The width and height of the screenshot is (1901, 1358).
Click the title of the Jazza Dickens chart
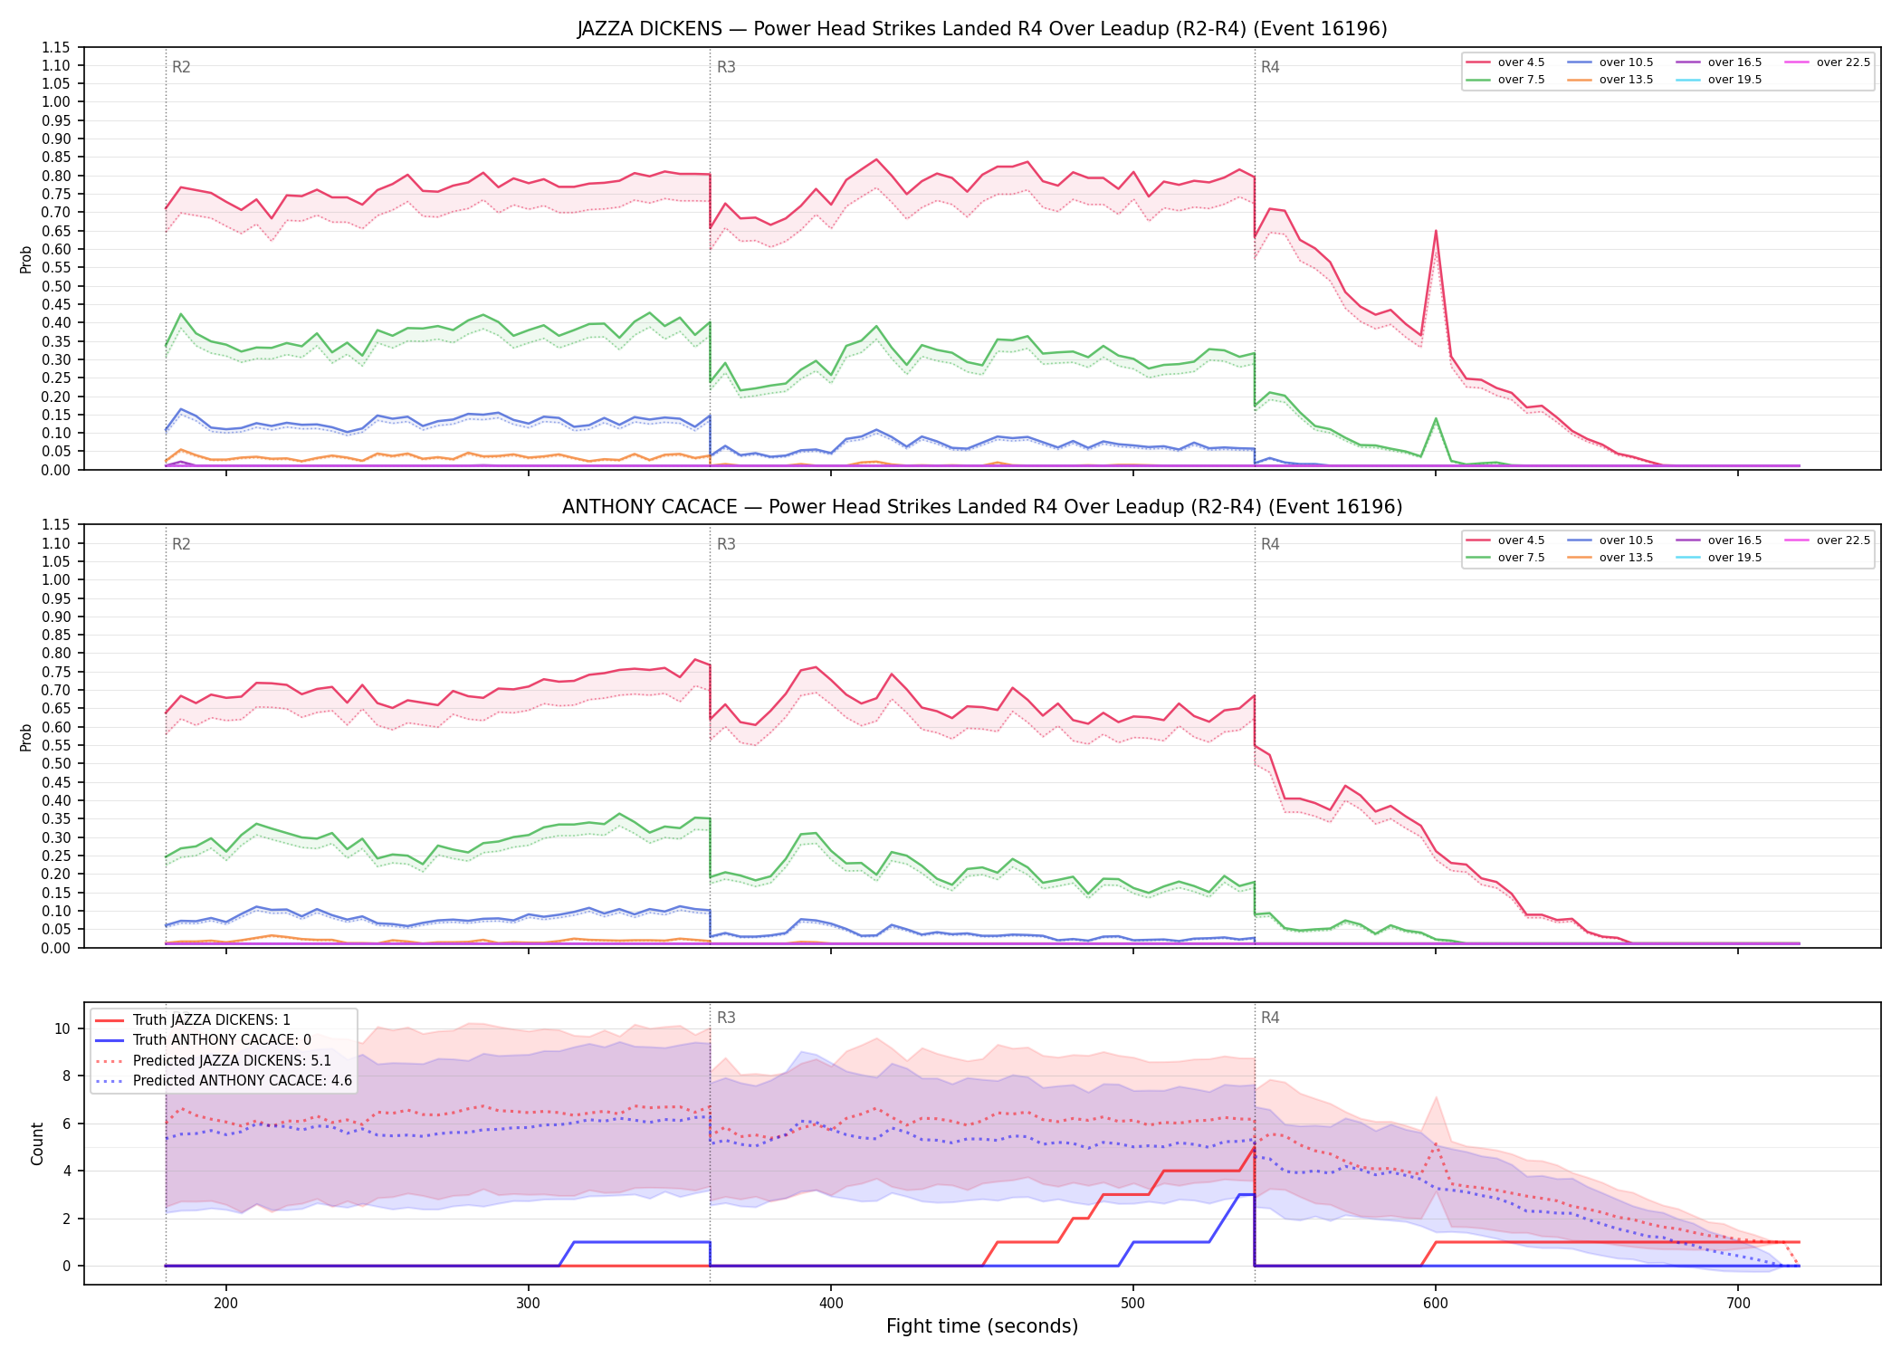click(982, 29)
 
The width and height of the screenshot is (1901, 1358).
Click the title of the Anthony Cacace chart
click(982, 507)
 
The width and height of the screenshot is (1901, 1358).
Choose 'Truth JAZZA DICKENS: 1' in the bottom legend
click(193, 1020)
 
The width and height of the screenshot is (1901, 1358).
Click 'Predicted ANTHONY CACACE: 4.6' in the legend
click(224, 1081)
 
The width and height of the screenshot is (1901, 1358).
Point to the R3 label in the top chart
click(726, 67)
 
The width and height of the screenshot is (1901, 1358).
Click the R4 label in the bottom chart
click(1270, 1018)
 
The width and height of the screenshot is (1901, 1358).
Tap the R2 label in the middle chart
click(181, 544)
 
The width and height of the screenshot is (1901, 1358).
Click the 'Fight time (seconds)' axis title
click(982, 1326)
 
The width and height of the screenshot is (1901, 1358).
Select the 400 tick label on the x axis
click(831, 1304)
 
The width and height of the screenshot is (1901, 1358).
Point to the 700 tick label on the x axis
click(1738, 1304)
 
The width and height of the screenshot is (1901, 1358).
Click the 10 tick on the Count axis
click(62, 1028)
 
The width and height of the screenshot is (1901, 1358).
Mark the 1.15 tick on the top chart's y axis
click(55, 47)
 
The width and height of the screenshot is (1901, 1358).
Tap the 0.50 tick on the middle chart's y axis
click(55, 764)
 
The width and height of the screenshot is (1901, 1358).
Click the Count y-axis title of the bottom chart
click(37, 1143)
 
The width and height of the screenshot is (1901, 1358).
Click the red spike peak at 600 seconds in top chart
click(1436, 231)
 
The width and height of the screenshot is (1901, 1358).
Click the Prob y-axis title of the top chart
click(26, 259)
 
